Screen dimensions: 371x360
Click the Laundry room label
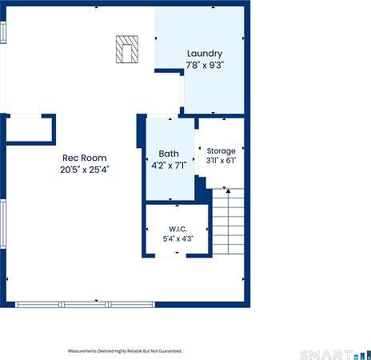tap(205, 54)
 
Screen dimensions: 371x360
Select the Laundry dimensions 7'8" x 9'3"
tap(205, 65)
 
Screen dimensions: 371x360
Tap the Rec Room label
tap(85, 158)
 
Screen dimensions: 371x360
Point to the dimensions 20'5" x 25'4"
tap(85, 170)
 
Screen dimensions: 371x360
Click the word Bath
tap(169, 154)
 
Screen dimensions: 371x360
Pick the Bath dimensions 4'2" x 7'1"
tap(169, 166)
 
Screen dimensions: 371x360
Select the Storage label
tap(221, 151)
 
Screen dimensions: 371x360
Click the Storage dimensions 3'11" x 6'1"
tap(221, 161)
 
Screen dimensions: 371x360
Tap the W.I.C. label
tap(178, 229)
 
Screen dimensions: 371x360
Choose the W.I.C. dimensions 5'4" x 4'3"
tap(178, 238)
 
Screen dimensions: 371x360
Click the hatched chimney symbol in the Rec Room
tap(127, 50)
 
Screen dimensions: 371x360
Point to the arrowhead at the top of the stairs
tap(228, 191)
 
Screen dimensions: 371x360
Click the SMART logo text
tap(326, 355)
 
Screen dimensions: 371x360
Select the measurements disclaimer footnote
tap(126, 351)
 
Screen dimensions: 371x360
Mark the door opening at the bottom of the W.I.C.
tap(170, 256)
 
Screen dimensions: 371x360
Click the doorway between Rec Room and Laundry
tap(182, 91)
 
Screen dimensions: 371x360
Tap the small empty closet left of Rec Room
tap(29, 130)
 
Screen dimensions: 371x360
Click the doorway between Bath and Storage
tap(197, 152)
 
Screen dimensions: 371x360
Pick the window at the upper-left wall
tap(3, 32)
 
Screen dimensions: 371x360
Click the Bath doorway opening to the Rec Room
tap(162, 116)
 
